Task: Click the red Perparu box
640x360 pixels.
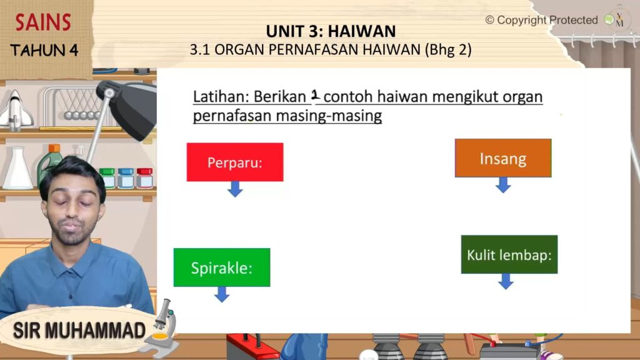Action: click(x=235, y=162)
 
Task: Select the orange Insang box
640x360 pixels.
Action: click(x=503, y=158)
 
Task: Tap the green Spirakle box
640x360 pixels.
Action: click(x=222, y=267)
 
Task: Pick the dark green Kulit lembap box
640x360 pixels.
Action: click(x=509, y=254)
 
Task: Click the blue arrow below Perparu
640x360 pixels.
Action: click(x=235, y=189)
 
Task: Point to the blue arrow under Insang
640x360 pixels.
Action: click(x=503, y=185)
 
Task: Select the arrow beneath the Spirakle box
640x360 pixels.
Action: click(x=222, y=294)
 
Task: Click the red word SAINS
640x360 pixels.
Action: click(x=43, y=22)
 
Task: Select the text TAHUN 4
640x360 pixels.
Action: click(x=44, y=50)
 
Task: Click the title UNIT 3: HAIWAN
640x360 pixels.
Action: click(x=331, y=31)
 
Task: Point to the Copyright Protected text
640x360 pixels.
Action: click(x=542, y=20)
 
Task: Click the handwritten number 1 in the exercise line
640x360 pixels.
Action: click(x=315, y=95)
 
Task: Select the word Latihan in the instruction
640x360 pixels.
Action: click(x=221, y=97)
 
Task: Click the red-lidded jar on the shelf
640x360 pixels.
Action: click(x=144, y=178)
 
